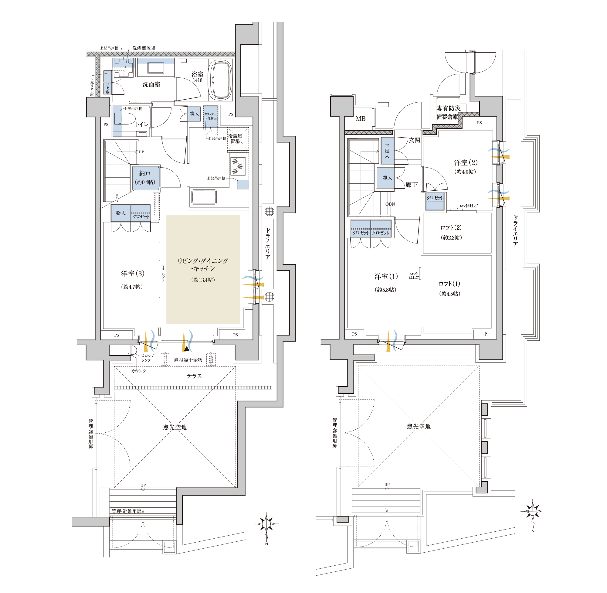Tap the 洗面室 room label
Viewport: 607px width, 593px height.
tap(151, 84)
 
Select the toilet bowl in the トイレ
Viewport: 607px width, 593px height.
tap(124, 118)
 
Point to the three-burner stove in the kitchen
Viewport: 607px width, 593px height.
tap(238, 166)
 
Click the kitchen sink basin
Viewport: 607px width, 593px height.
tap(204, 197)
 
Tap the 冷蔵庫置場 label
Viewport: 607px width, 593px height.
tap(235, 138)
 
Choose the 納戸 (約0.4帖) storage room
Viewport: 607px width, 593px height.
tap(146, 178)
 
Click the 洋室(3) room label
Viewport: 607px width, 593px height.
tap(133, 274)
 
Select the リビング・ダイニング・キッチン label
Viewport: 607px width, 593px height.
tap(203, 264)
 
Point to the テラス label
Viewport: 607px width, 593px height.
tap(194, 376)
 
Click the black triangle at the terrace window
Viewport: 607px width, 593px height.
tap(186, 349)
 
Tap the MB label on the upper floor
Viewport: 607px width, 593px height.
tap(361, 119)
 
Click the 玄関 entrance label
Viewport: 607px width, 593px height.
tap(414, 140)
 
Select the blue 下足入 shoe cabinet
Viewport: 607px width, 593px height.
tap(387, 151)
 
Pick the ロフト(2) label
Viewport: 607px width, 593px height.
tap(451, 228)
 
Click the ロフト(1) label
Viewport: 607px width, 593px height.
tap(449, 284)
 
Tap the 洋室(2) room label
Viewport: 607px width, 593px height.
tap(466, 162)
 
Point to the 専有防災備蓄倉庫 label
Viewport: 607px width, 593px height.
tap(448, 112)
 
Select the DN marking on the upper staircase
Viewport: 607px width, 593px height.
tap(392, 204)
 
